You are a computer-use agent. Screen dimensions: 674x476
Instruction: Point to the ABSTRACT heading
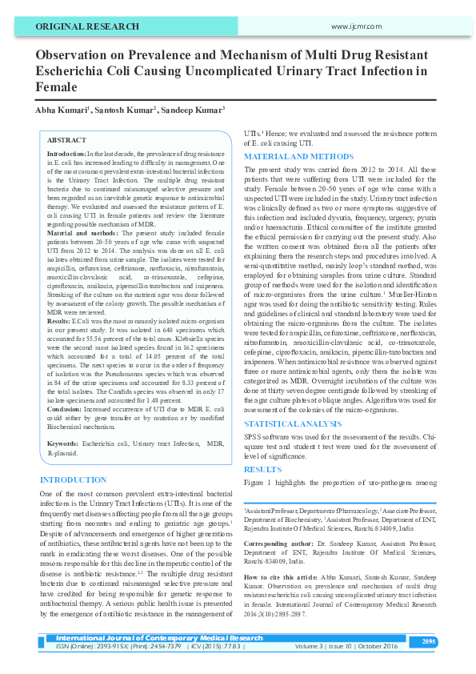pyautogui.click(x=67, y=139)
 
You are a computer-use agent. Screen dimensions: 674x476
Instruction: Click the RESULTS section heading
pyautogui.click(x=262, y=469)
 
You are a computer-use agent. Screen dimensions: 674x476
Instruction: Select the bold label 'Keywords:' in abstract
pyautogui.click(x=62, y=443)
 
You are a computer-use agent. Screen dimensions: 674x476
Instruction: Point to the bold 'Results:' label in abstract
pyautogui.click(x=61, y=319)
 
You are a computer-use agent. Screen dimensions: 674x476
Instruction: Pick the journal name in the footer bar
pyautogui.click(x=158, y=638)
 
